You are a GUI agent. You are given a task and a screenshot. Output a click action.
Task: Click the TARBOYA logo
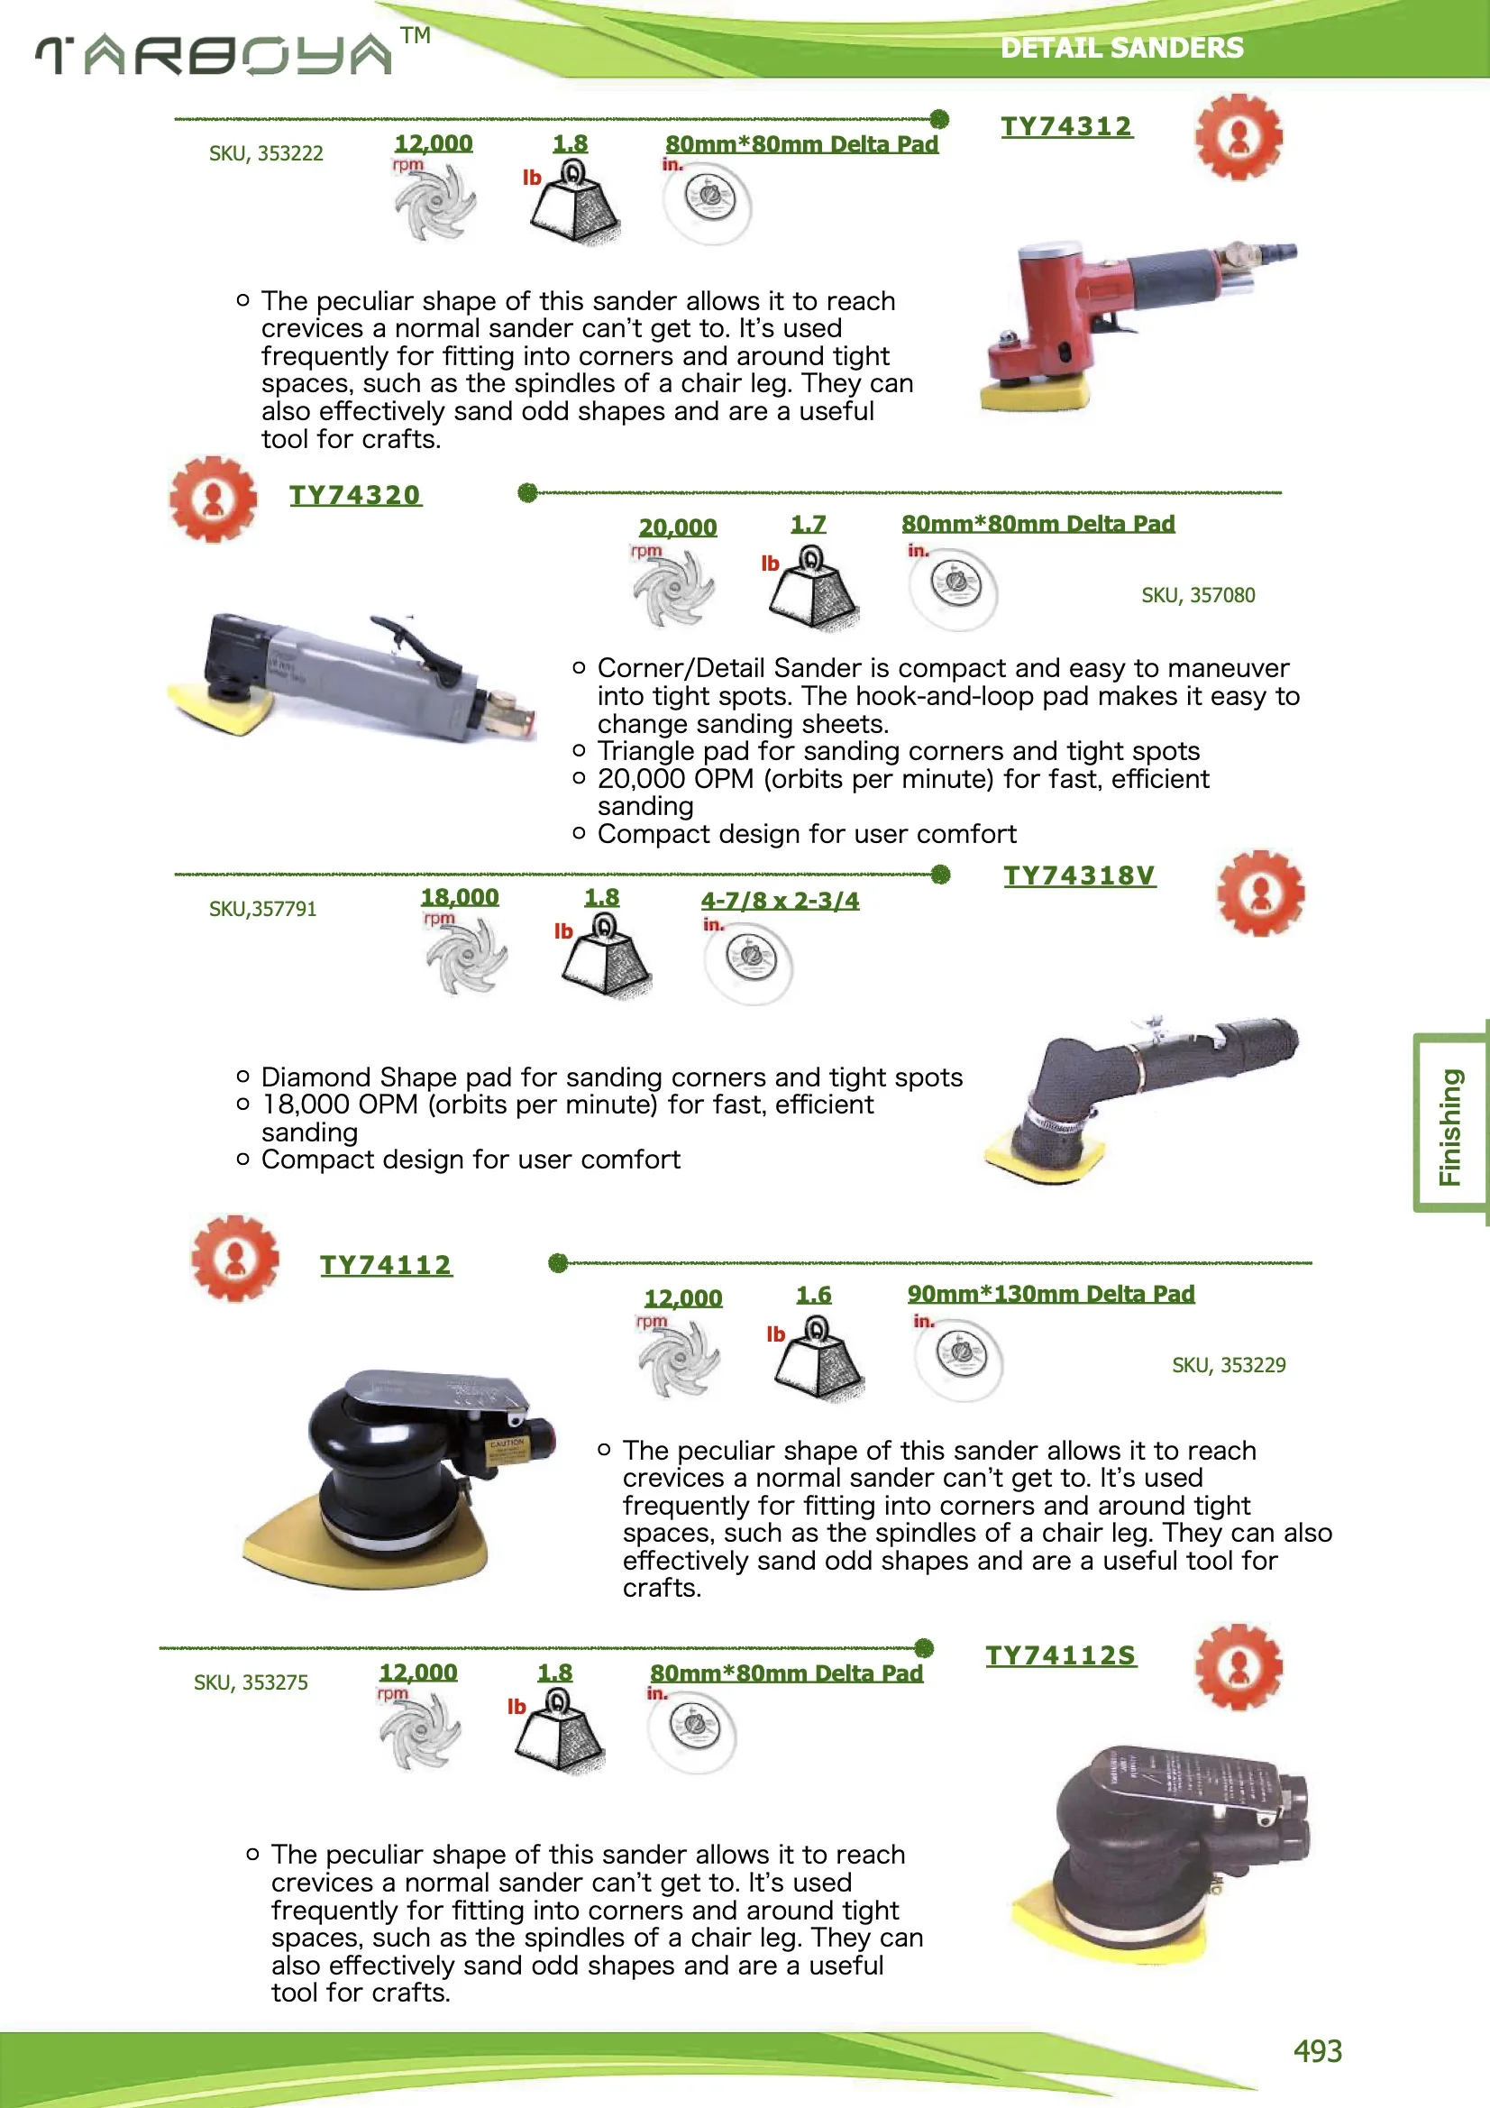(215, 54)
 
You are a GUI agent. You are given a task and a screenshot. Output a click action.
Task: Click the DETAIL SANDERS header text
(1121, 48)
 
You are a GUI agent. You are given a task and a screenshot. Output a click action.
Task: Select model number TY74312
(1065, 127)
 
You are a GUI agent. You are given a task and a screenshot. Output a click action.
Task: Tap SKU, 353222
(265, 153)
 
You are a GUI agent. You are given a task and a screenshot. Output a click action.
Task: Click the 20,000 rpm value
(678, 527)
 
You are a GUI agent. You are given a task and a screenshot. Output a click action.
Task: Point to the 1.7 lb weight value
(808, 524)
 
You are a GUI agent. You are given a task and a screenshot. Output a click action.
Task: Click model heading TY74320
(355, 495)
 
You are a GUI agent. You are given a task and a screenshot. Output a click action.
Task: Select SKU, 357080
(1197, 595)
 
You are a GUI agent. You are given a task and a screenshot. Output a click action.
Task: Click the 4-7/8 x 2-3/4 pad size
(780, 901)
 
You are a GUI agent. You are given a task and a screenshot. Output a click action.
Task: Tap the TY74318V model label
(1079, 875)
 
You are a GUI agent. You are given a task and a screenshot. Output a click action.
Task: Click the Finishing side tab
(1449, 1125)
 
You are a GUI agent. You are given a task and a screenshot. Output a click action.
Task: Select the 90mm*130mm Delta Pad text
(1050, 1294)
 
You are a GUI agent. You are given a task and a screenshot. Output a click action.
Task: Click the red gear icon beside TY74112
(235, 1258)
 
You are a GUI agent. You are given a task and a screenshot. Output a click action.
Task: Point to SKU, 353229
(1228, 1365)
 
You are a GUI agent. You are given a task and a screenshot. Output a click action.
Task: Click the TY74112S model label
(1060, 1655)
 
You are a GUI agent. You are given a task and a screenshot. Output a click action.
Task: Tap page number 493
(1317, 2050)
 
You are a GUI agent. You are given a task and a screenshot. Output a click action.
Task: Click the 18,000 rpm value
(459, 897)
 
